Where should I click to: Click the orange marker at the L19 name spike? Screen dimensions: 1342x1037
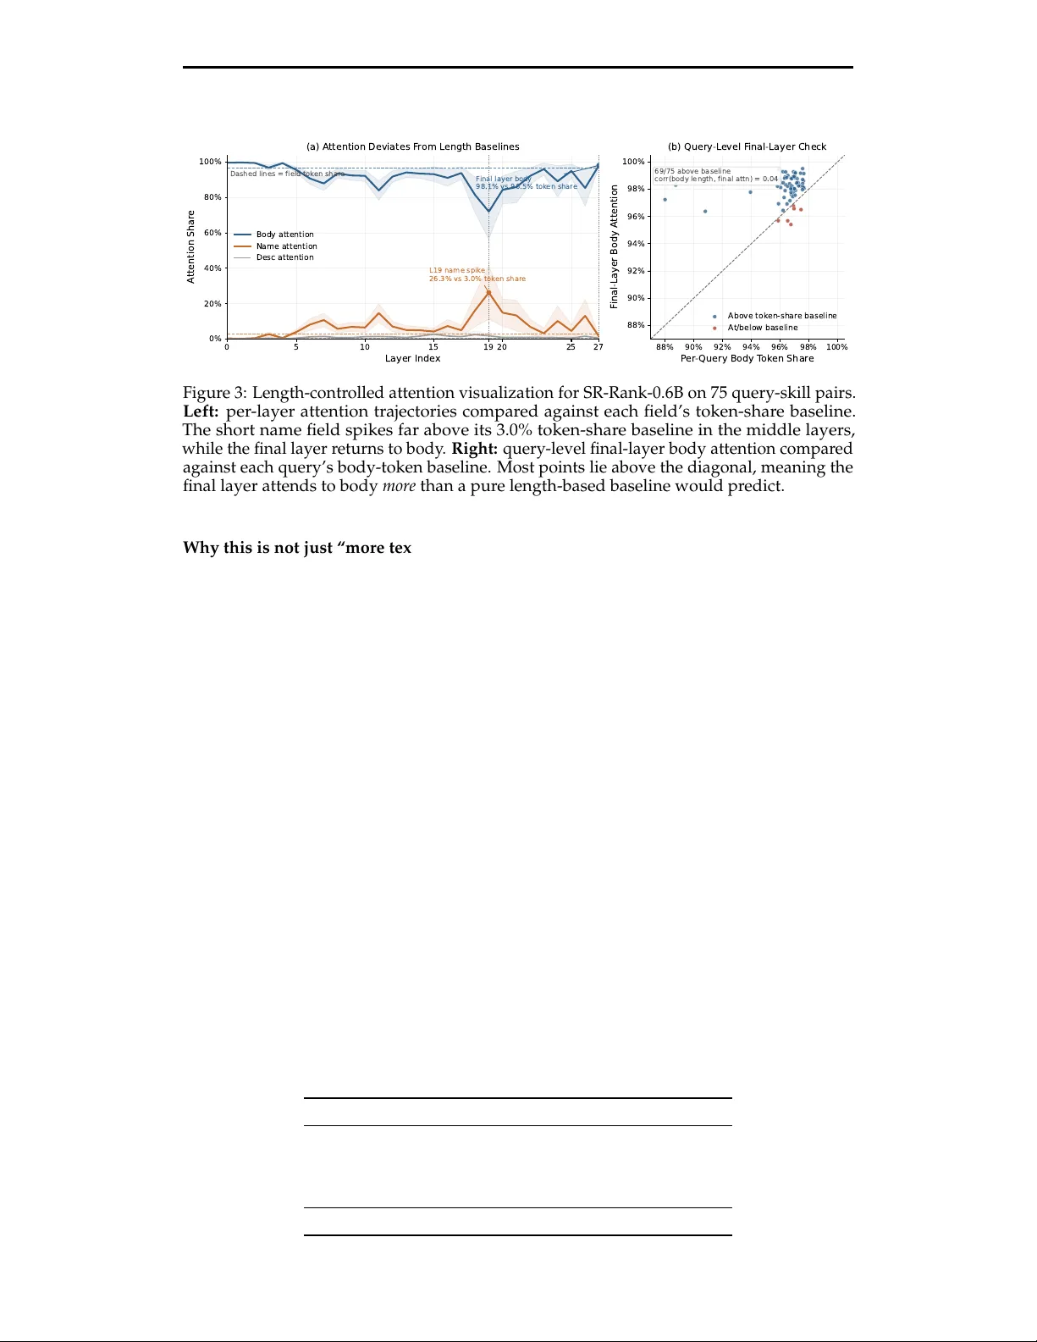coord(488,292)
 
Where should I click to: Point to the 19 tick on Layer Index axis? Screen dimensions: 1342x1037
coord(488,347)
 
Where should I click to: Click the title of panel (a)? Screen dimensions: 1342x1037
coord(412,146)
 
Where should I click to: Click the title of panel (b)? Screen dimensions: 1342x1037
coord(747,146)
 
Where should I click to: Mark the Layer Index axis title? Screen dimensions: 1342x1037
coord(412,358)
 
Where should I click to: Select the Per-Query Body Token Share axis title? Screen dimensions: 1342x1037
coord(747,358)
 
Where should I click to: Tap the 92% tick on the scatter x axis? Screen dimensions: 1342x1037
coord(722,347)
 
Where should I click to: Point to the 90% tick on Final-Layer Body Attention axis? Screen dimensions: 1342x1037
coord(634,298)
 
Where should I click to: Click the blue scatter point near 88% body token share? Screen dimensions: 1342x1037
coord(665,200)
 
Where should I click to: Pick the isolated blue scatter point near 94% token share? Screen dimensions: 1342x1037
coord(750,192)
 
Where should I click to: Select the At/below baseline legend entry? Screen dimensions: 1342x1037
coord(762,328)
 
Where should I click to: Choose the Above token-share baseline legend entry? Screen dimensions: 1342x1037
coord(781,316)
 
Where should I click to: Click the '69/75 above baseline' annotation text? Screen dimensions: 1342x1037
coord(692,171)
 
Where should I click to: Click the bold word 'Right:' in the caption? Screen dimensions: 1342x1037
coord(474,449)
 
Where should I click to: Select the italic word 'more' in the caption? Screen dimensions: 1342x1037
coord(399,487)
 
